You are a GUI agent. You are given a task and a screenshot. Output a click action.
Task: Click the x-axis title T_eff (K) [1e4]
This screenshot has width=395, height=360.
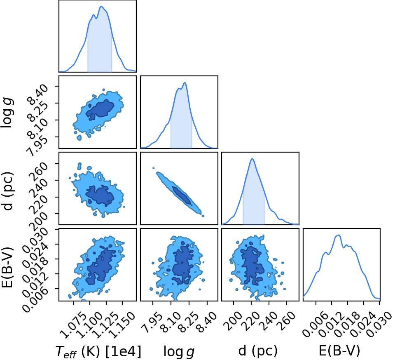tap(98, 351)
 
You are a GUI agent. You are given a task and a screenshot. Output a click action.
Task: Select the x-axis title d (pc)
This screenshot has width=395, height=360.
tap(258, 351)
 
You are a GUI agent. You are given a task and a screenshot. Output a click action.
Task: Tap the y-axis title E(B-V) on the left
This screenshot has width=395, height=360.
tap(7, 264)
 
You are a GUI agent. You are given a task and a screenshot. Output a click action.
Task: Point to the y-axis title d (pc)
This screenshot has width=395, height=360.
tap(7, 191)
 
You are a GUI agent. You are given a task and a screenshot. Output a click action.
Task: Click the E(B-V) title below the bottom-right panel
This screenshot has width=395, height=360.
tap(339, 350)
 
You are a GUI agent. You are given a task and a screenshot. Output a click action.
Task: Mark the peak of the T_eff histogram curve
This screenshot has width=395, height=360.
tap(101, 6)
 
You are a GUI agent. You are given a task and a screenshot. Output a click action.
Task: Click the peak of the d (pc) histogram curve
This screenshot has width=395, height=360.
tap(252, 159)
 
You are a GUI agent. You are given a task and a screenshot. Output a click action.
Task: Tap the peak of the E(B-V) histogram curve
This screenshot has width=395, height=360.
tap(339, 235)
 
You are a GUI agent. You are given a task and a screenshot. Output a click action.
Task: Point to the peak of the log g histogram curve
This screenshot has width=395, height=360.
tap(185, 82)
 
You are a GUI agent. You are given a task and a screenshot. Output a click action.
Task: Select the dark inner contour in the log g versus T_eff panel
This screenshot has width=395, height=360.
tap(100, 108)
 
